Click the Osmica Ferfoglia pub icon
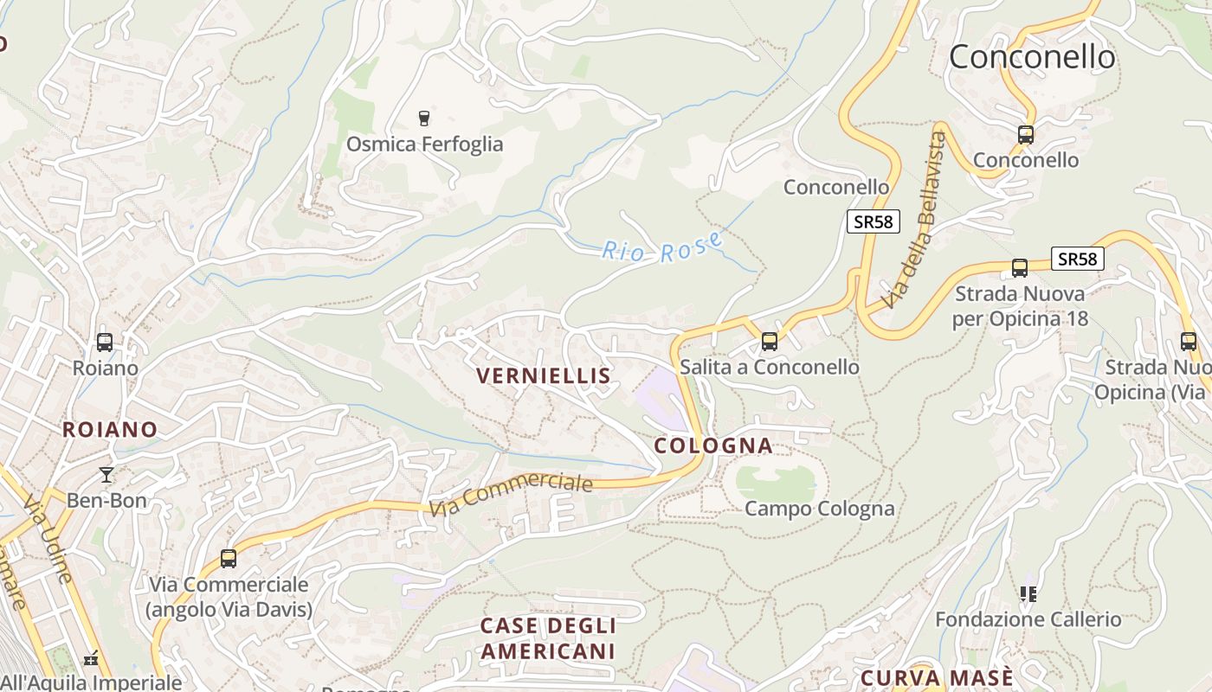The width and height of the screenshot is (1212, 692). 423,118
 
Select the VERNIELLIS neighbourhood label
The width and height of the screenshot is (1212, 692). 544,376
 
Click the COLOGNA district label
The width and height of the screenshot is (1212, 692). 713,445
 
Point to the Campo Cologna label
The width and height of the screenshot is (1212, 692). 819,509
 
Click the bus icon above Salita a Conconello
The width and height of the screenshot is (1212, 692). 769,342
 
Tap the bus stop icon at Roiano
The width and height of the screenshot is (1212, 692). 105,343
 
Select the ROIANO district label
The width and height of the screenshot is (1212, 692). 110,430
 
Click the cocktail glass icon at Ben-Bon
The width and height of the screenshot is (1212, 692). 106,475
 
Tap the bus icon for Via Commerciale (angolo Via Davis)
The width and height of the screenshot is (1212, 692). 229,559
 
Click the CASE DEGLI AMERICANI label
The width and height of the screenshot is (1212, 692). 548,638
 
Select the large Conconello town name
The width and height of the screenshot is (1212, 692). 1032,57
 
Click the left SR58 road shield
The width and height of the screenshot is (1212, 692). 873,222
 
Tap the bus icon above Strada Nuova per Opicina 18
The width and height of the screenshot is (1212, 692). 1020,268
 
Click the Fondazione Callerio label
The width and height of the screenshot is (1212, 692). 1028,619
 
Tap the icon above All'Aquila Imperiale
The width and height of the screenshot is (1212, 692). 91,659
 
